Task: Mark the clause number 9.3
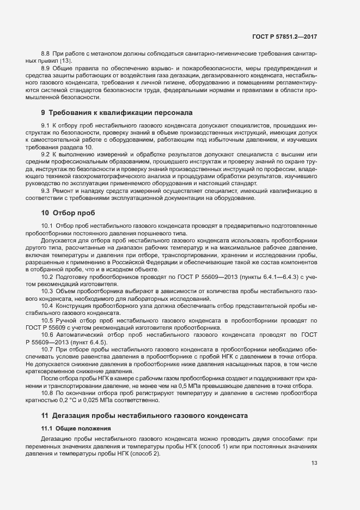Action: coord(46,191)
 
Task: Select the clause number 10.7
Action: coord(47,349)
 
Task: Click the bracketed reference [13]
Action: coord(74,60)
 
